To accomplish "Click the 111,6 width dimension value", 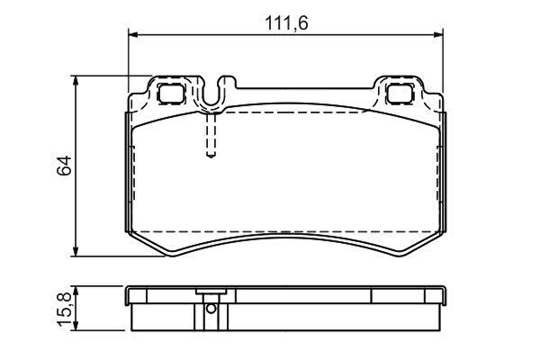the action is pos(286,23).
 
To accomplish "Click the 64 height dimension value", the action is pos(65,166).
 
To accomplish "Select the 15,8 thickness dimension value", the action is pos(64,310).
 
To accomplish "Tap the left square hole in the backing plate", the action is pos(170,93).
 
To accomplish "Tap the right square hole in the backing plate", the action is pos(399,93).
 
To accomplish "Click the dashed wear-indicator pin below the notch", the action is pos(211,135).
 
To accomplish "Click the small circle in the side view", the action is pos(211,309).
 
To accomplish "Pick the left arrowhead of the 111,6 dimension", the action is pos(133,34).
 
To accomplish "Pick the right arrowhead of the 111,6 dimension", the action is pos(438,34).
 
